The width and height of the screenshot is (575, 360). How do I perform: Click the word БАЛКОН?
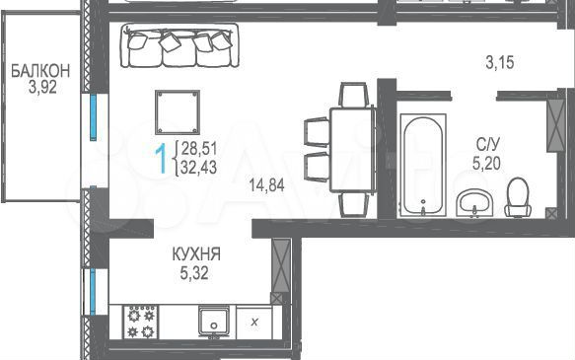(39, 70)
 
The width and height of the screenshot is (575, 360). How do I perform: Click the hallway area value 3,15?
(502, 63)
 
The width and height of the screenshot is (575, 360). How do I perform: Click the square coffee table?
(179, 113)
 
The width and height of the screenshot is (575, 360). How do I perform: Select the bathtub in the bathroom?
(423, 165)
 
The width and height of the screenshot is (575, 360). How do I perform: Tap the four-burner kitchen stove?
(143, 322)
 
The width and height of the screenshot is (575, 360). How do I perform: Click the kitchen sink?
(213, 322)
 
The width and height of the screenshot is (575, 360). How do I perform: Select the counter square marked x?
(255, 322)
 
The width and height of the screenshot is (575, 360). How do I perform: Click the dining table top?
(349, 150)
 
